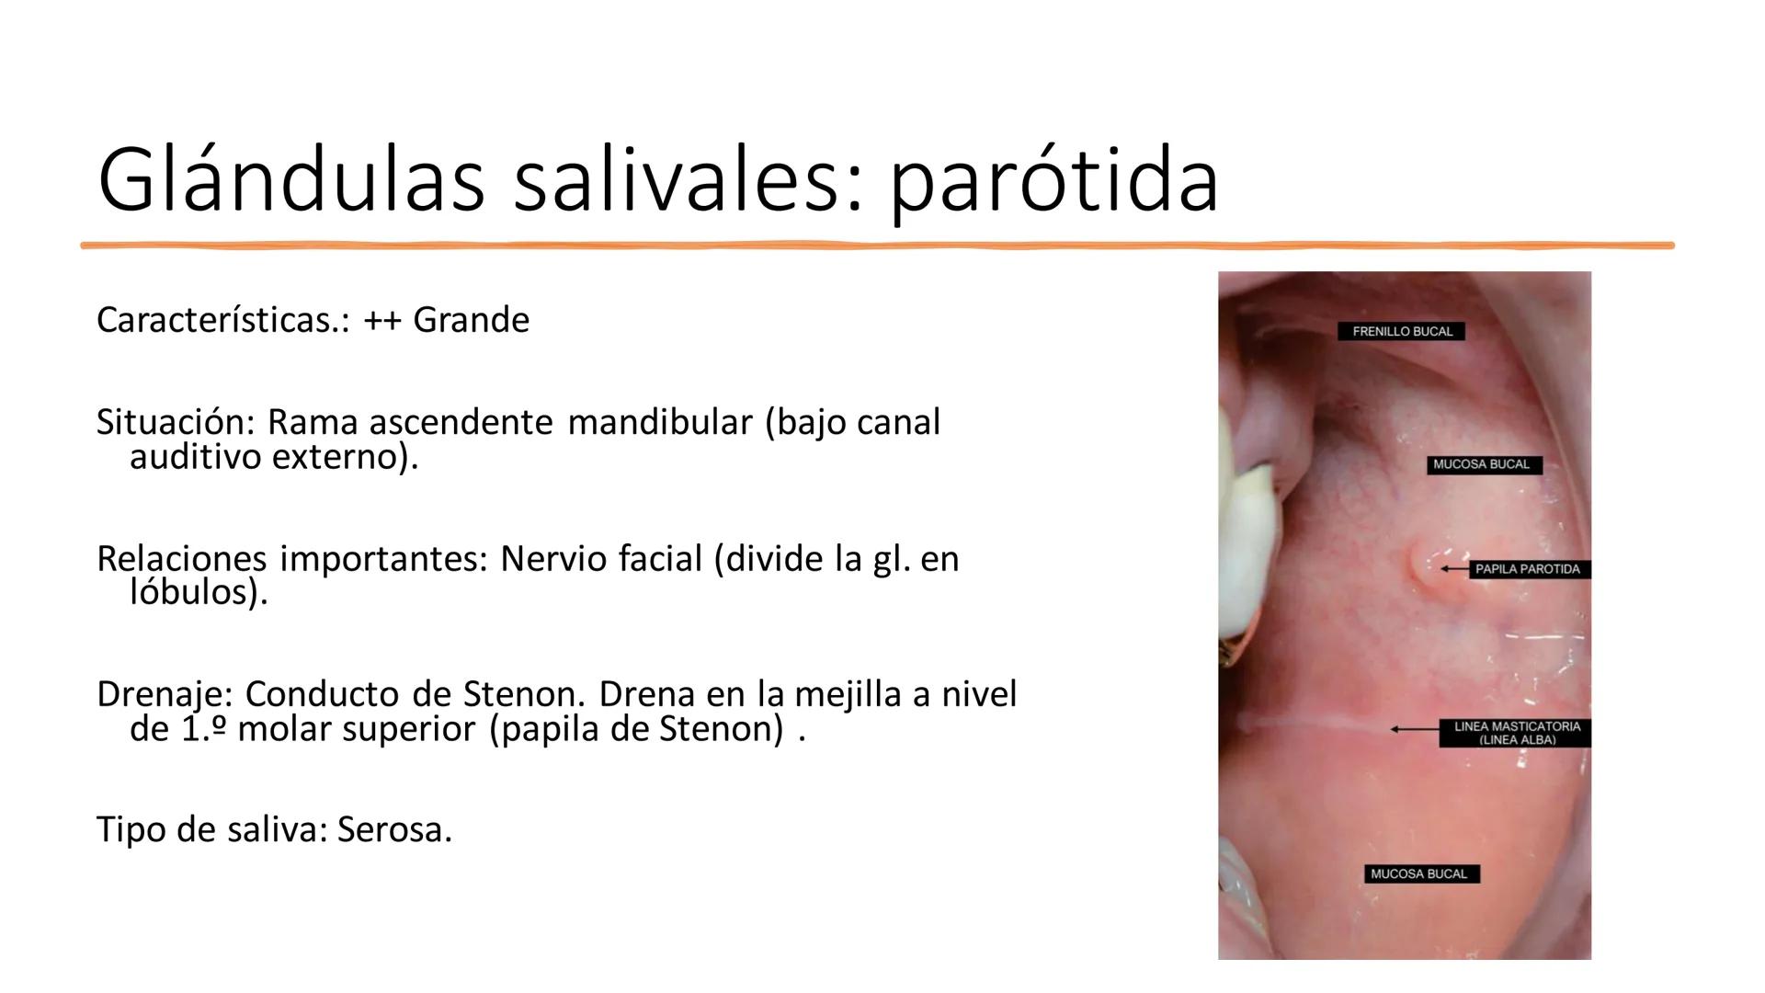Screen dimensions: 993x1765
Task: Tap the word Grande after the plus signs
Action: (x=471, y=320)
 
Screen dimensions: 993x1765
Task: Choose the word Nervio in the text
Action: (x=554, y=558)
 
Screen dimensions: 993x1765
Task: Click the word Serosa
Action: (x=394, y=829)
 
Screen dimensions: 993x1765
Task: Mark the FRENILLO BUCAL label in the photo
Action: (x=1402, y=331)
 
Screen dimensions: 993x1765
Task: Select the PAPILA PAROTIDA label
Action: (x=1527, y=569)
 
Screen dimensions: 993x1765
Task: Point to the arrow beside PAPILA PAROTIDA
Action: (x=1454, y=569)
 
